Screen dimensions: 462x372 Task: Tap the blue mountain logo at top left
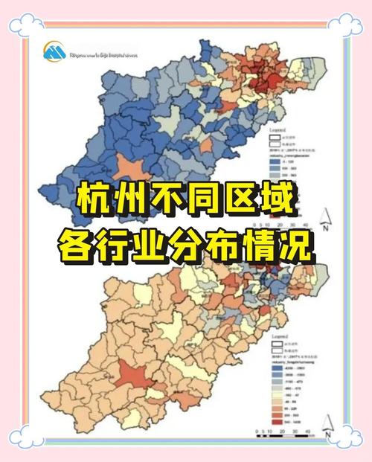[x=54, y=51]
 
